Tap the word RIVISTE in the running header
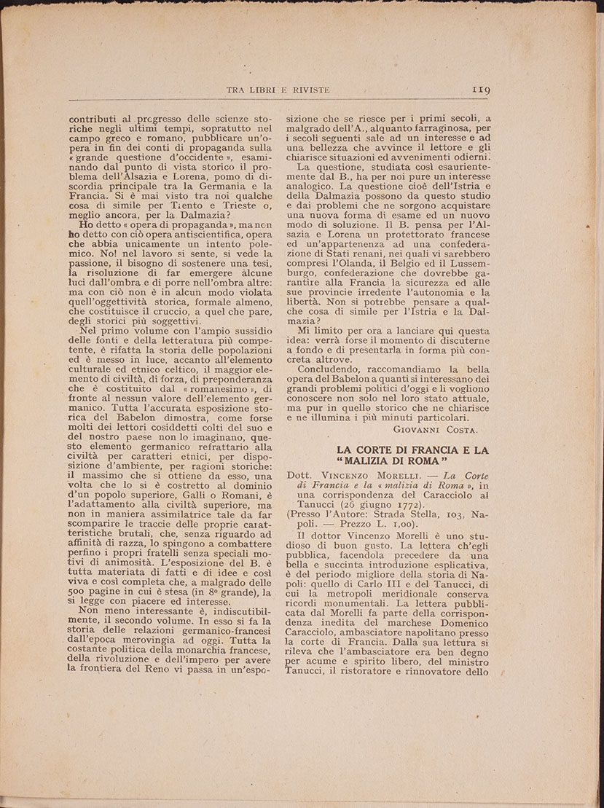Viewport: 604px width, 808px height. point(306,90)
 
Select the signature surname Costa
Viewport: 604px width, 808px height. point(466,430)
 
